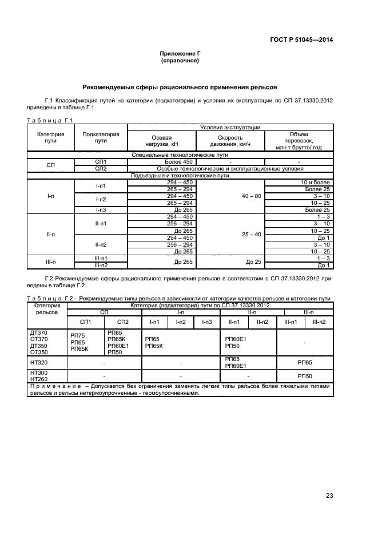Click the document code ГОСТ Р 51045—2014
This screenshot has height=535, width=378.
click(301, 39)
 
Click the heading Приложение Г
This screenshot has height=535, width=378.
click(180, 53)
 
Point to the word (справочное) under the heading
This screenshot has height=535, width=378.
click(180, 60)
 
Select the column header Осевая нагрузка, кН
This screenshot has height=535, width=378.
click(161, 141)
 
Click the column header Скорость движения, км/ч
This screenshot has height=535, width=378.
click(230, 141)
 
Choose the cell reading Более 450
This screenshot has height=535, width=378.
click(161, 162)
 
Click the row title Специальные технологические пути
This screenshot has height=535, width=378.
click(180, 155)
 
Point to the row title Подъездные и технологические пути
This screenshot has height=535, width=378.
click(180, 175)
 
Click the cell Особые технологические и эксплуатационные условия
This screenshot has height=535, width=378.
click(230, 169)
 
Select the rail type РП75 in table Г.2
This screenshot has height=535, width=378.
click(77, 335)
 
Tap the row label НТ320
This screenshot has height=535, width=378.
click(38, 362)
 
